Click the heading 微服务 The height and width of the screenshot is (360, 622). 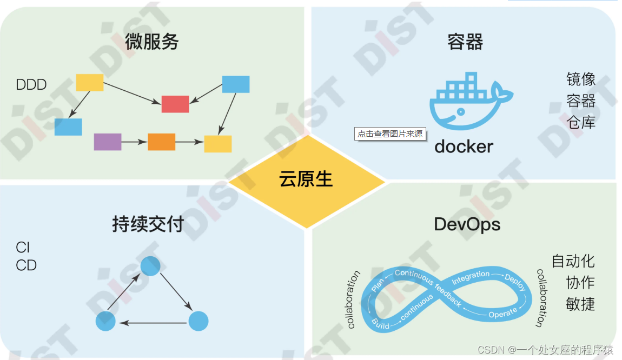point(151,42)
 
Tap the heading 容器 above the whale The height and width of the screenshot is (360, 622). point(465,42)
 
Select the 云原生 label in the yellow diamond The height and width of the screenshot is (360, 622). point(306,179)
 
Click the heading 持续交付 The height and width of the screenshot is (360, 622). point(148,224)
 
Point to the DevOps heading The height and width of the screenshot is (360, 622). point(467,224)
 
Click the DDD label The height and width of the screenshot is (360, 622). point(31,85)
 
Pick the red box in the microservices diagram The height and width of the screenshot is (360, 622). point(175,104)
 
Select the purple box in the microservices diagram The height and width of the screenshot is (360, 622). point(108,142)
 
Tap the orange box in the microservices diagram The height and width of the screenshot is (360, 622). point(161,142)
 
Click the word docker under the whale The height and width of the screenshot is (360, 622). point(464,146)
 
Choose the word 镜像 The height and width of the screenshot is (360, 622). point(581,79)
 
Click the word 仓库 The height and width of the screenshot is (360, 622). point(581,122)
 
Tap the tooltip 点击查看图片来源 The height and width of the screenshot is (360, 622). point(390,134)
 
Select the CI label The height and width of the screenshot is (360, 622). point(23,248)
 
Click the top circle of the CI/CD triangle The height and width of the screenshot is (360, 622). point(150,266)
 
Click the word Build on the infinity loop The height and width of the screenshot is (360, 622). point(380,323)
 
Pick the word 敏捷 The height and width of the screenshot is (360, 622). point(580,304)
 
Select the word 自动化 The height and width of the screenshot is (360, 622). point(573,261)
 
